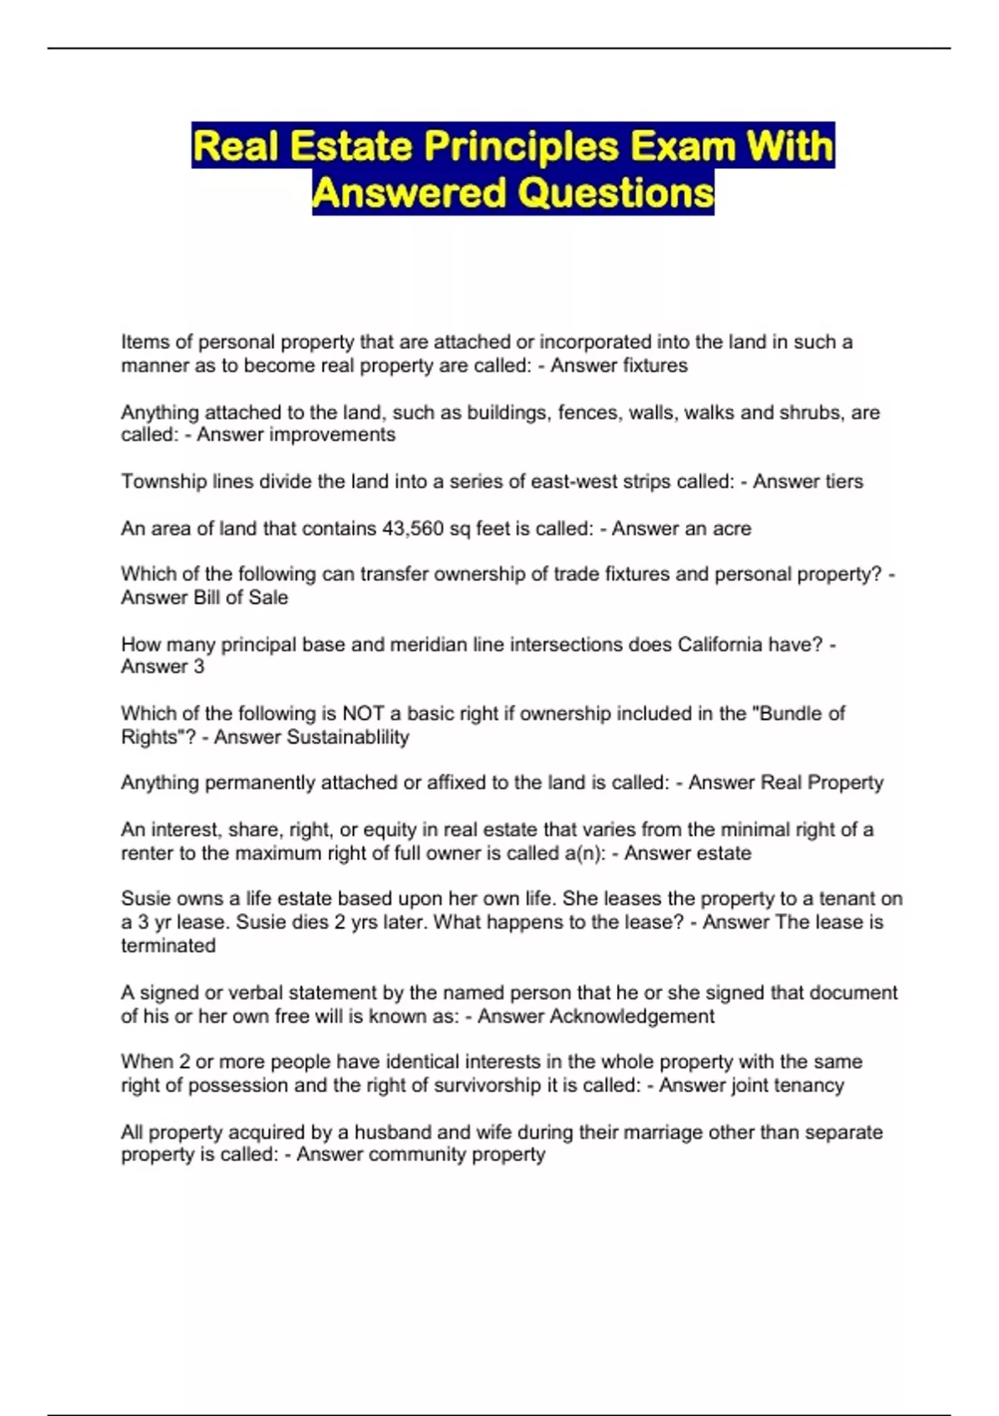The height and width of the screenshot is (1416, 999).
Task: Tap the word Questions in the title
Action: (x=616, y=193)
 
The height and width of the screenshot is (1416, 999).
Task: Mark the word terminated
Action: (x=168, y=945)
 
